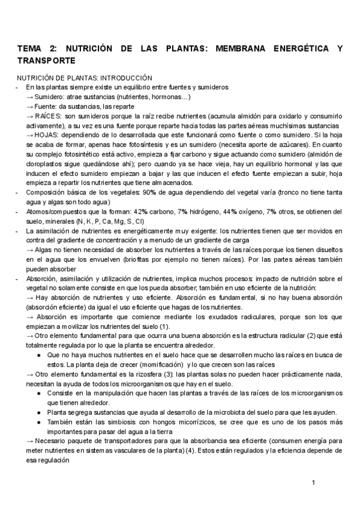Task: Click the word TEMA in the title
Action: point(29,49)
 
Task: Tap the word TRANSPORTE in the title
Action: point(46,61)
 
